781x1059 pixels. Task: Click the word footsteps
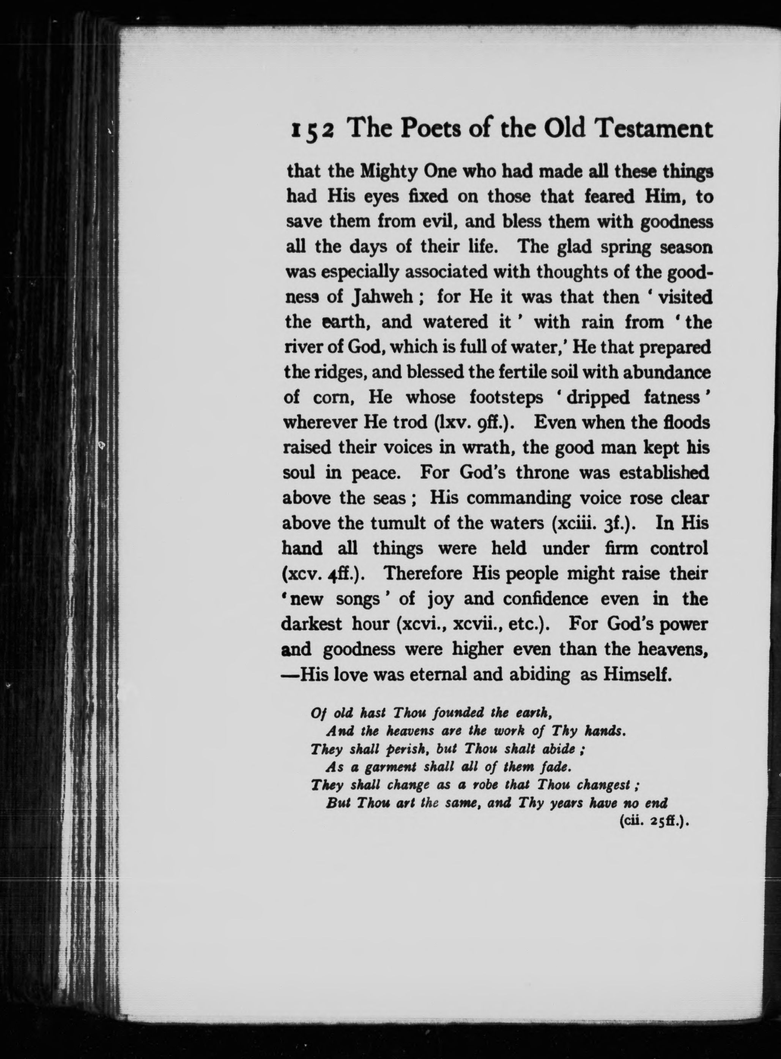click(x=506, y=398)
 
